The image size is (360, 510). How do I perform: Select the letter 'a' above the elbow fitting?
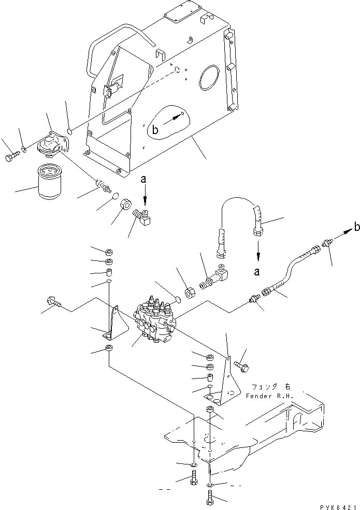pos(145,179)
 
